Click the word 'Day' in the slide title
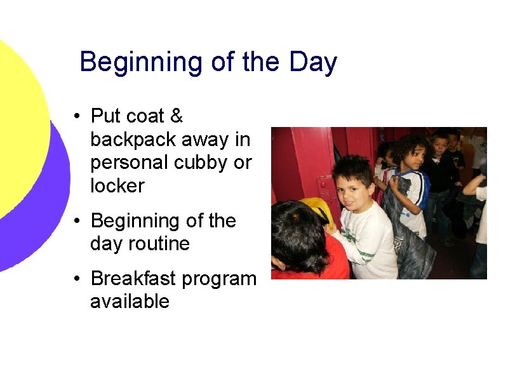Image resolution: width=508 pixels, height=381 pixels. click(x=312, y=63)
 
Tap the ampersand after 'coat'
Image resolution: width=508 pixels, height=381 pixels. click(x=177, y=116)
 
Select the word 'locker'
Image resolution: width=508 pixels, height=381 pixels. click(x=117, y=186)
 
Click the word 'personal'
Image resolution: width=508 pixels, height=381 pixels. click(x=127, y=163)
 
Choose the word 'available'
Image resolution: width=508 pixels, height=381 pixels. click(x=130, y=302)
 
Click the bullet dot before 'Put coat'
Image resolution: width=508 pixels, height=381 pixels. click(x=76, y=117)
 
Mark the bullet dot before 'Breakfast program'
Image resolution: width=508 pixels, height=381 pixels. click(x=76, y=279)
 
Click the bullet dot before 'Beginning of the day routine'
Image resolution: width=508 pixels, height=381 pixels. click(x=76, y=222)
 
